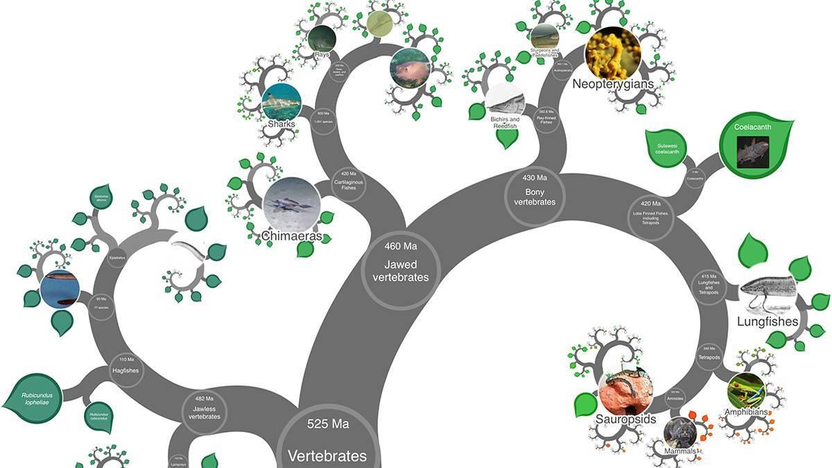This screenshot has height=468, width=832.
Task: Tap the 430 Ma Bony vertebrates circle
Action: point(534,195)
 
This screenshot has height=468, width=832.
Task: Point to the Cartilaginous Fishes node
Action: point(349,182)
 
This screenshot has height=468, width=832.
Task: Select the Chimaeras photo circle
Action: point(291,206)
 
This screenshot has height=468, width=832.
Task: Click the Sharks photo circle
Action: point(281,103)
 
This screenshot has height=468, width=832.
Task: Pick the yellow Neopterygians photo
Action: point(612,53)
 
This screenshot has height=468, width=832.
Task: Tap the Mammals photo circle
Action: point(679,432)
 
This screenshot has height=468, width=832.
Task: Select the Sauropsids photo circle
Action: point(625,392)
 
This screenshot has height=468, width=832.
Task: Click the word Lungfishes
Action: point(768,322)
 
